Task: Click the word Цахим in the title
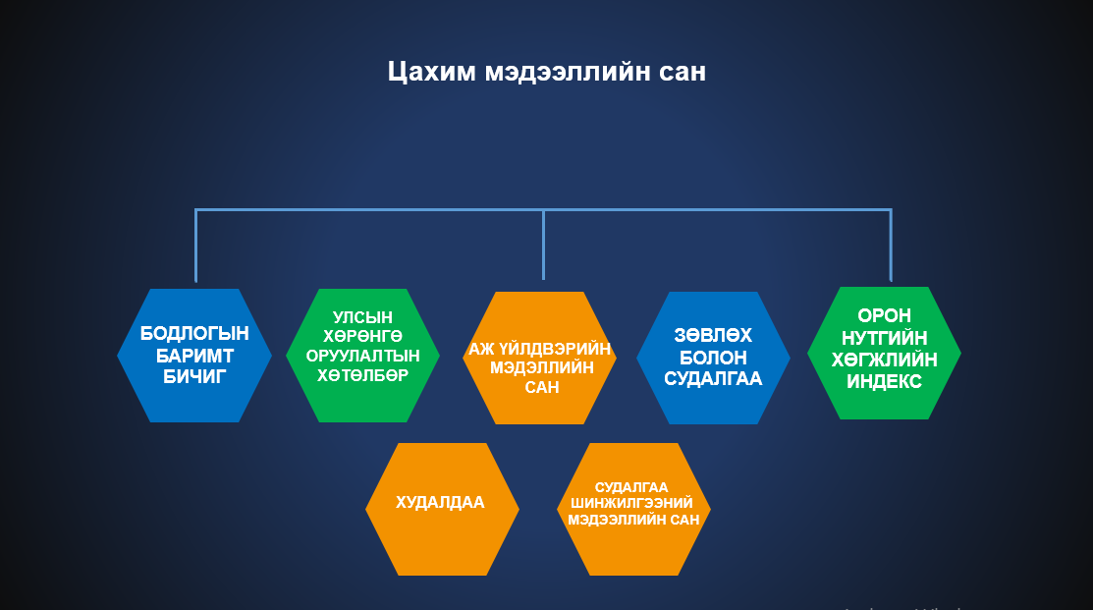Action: click(431, 72)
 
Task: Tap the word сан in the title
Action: click(683, 72)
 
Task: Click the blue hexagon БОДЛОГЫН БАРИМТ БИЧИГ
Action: click(194, 356)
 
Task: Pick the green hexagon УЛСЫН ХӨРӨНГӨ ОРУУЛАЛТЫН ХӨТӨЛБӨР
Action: click(362, 356)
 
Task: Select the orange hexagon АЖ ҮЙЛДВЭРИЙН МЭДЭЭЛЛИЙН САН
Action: click(539, 358)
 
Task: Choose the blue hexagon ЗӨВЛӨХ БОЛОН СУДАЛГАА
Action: click(713, 358)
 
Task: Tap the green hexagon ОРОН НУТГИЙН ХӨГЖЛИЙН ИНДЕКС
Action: click(884, 353)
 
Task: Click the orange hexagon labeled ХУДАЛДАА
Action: click(442, 509)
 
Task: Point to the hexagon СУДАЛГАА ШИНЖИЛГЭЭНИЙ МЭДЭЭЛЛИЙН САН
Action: click(633, 509)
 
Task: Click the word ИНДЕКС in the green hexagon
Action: click(884, 381)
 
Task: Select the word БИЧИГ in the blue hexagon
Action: click(194, 377)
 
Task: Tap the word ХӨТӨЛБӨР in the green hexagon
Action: click(362, 375)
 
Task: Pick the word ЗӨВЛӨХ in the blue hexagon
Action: click(713, 335)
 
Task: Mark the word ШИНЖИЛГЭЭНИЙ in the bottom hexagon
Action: click(631, 503)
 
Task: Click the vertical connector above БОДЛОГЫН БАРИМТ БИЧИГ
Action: click(195, 246)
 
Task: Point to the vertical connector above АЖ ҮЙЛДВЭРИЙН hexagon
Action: click(543, 245)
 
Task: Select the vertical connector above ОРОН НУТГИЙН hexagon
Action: click(891, 246)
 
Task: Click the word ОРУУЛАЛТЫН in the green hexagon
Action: click(362, 356)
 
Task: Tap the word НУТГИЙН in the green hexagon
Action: click(884, 338)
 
